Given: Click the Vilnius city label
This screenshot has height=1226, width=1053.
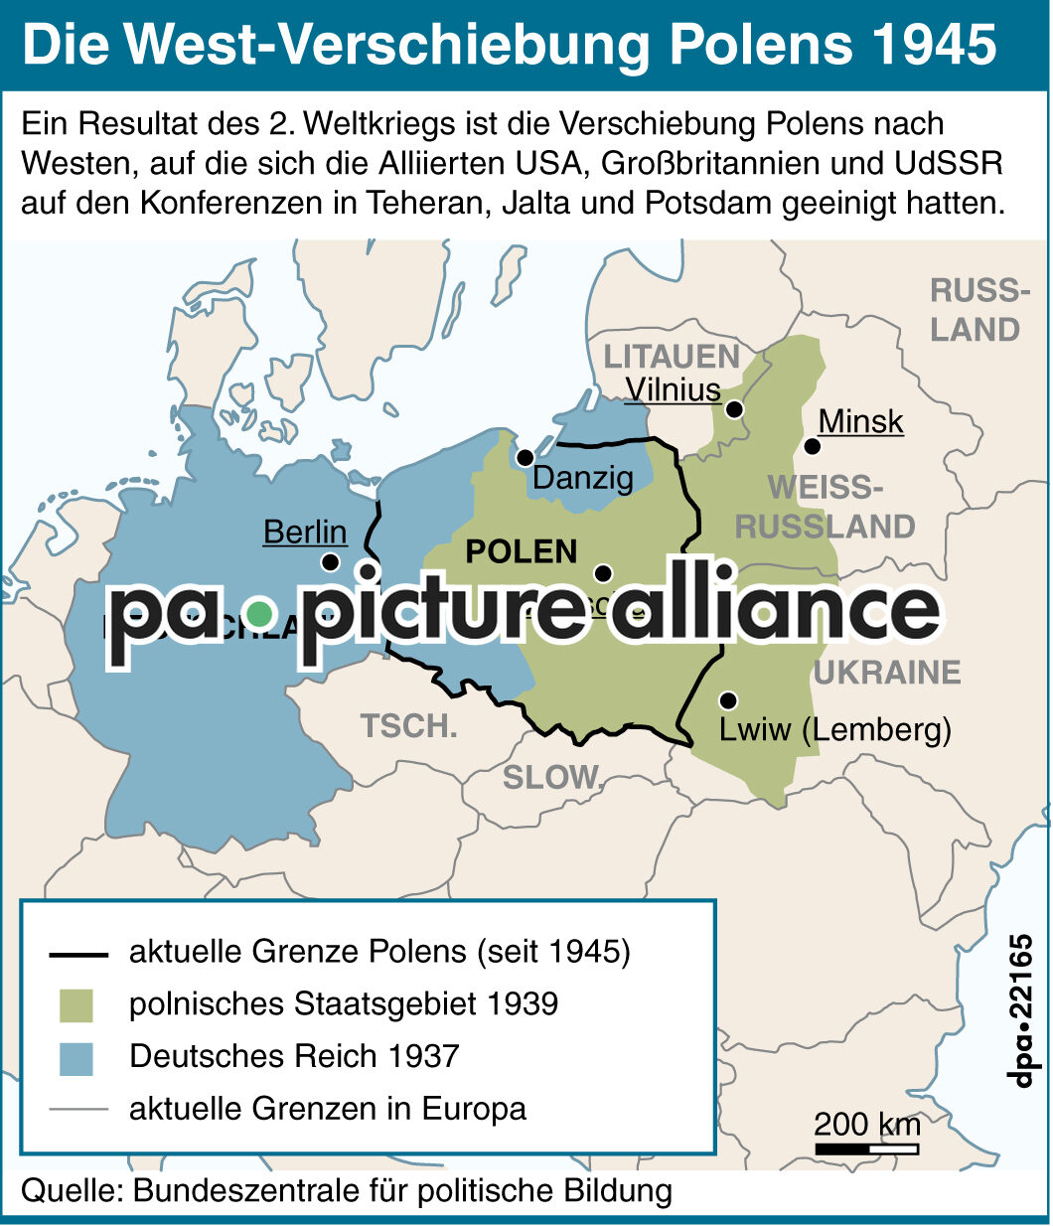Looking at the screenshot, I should click(673, 389).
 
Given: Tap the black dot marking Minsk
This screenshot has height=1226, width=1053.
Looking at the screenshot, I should click(812, 446).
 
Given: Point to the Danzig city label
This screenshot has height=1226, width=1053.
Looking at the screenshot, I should click(582, 478).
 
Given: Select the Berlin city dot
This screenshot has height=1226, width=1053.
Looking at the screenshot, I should click(331, 562).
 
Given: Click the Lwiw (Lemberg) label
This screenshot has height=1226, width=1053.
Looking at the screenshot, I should click(834, 730).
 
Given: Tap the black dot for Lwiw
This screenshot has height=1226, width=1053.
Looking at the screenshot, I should click(728, 700).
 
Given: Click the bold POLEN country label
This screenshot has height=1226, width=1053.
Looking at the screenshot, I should click(522, 551).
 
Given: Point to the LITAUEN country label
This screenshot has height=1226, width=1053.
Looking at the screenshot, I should click(672, 357).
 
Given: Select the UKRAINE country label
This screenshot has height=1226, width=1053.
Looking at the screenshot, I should click(887, 673).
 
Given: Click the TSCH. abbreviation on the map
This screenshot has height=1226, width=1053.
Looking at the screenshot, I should click(409, 726).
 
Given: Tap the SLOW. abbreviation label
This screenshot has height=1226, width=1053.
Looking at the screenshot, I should click(552, 777).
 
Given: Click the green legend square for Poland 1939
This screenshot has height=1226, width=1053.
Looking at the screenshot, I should click(75, 1004).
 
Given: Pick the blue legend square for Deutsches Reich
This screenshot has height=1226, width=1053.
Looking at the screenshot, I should click(75, 1057).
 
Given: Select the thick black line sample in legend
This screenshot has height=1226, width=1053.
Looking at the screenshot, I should click(77, 955).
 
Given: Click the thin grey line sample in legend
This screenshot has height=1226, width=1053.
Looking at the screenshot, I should click(77, 1109).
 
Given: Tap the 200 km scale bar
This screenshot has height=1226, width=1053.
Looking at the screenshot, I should click(866, 1149).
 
